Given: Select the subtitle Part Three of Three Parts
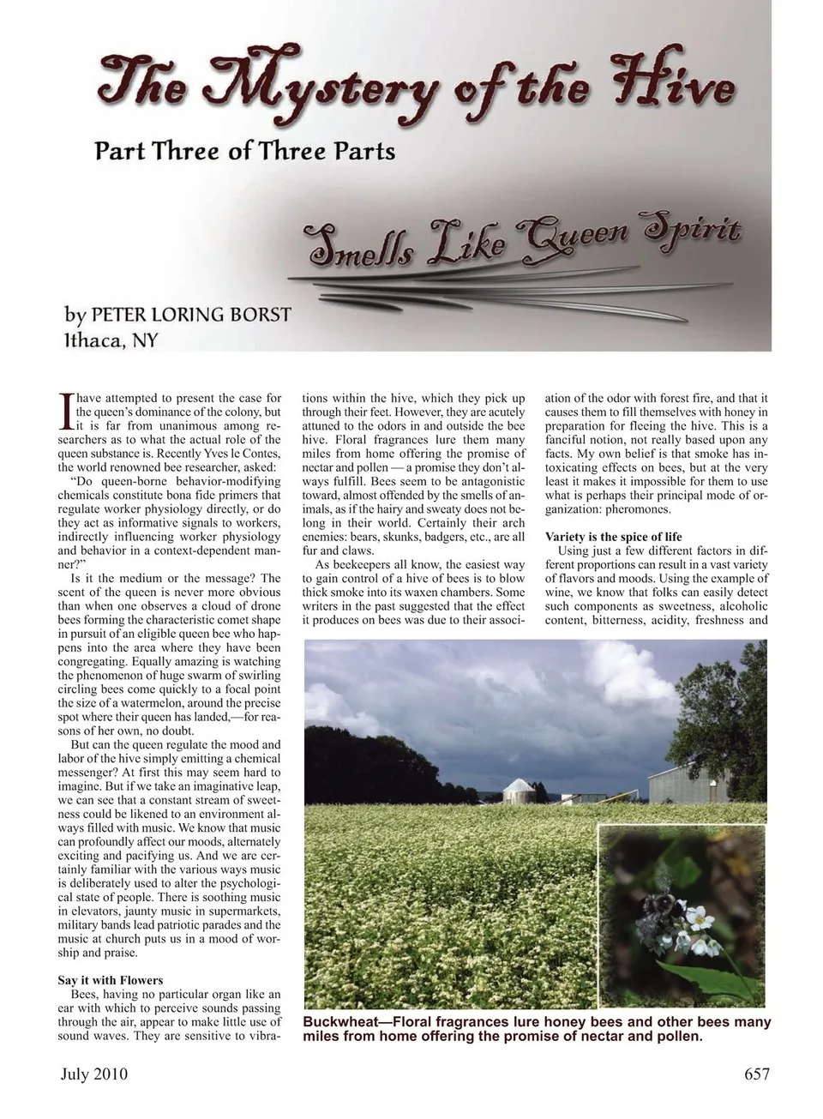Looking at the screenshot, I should tap(245, 152).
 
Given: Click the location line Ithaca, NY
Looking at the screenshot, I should tap(111, 340).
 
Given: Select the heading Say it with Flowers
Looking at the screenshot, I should tap(111, 980).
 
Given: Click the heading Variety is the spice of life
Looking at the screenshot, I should tap(614, 537).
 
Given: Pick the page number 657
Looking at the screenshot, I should tap(757, 1074).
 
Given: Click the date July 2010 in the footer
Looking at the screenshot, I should tap(93, 1074).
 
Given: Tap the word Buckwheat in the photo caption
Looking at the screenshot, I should tap(344, 1022).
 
